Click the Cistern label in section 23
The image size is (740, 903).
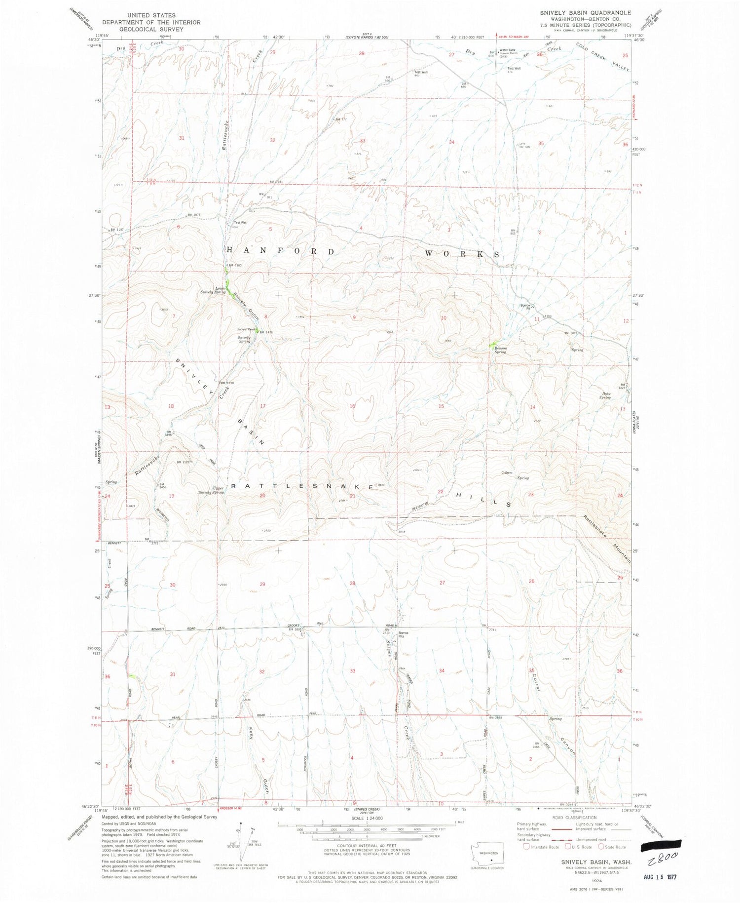click(506, 472)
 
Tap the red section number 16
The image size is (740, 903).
click(352, 406)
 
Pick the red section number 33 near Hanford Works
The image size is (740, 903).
click(363, 141)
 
